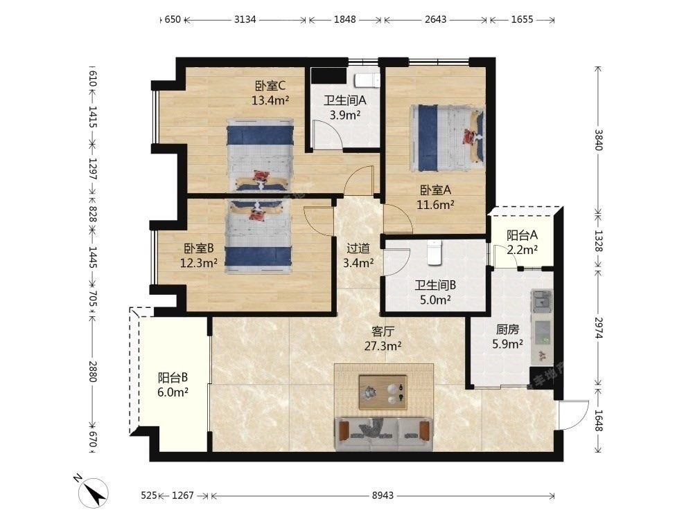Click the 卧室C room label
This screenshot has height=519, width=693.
click(270, 84)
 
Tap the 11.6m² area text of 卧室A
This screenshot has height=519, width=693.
click(435, 204)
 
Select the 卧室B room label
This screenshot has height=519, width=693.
click(198, 248)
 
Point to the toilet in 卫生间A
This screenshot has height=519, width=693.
click(367, 80)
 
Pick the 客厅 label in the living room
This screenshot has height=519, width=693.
click(383, 331)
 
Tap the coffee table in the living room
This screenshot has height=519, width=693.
click(383, 392)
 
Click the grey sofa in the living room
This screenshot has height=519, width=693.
click(384, 435)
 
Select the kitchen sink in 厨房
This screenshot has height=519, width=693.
click(542, 301)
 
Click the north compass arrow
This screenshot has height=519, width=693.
click(94, 491)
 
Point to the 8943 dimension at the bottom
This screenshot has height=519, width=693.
click(383, 495)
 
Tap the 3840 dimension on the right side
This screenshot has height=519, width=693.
click(598, 139)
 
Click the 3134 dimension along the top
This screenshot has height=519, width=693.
click(245, 19)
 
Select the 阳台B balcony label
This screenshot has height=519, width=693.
click(173, 377)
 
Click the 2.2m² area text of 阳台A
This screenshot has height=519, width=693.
click(522, 250)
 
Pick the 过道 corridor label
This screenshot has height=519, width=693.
click(358, 248)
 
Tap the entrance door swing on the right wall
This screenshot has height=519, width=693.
click(573, 415)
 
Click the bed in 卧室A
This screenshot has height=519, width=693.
click(447, 138)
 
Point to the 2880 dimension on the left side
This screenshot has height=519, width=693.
click(92, 371)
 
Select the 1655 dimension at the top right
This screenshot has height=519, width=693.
click(522, 19)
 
